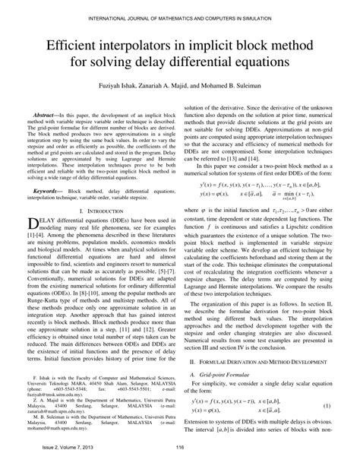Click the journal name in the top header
180,17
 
